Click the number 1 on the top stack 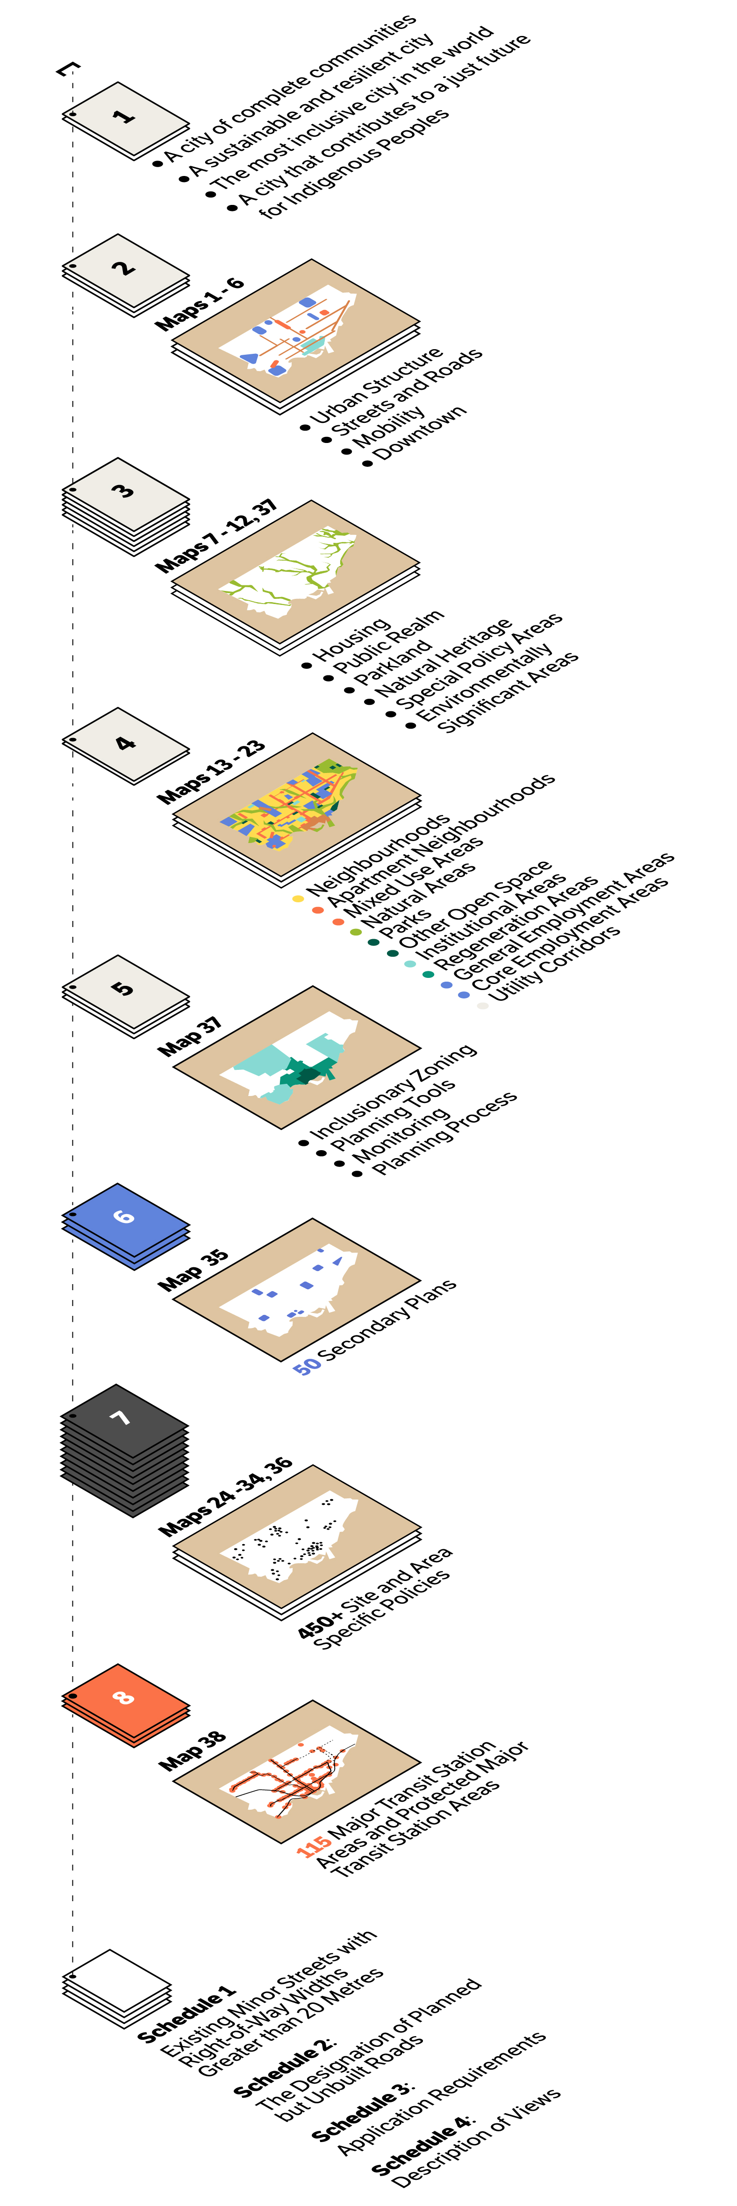(125, 115)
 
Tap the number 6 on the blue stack (124, 1216)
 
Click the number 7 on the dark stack (121, 1418)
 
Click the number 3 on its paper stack (124, 490)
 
